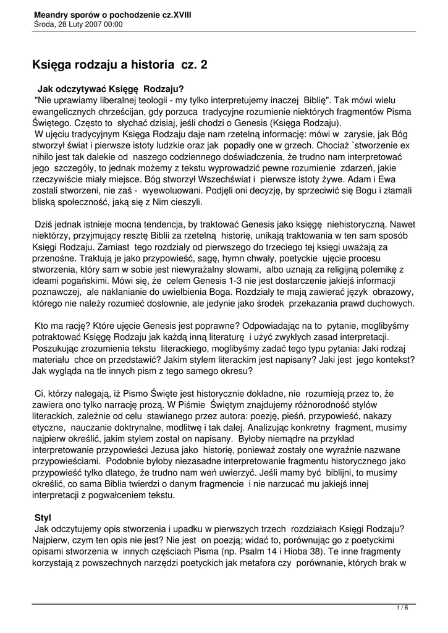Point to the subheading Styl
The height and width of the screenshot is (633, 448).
click(x=43, y=516)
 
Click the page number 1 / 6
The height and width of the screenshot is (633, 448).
click(x=402, y=608)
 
